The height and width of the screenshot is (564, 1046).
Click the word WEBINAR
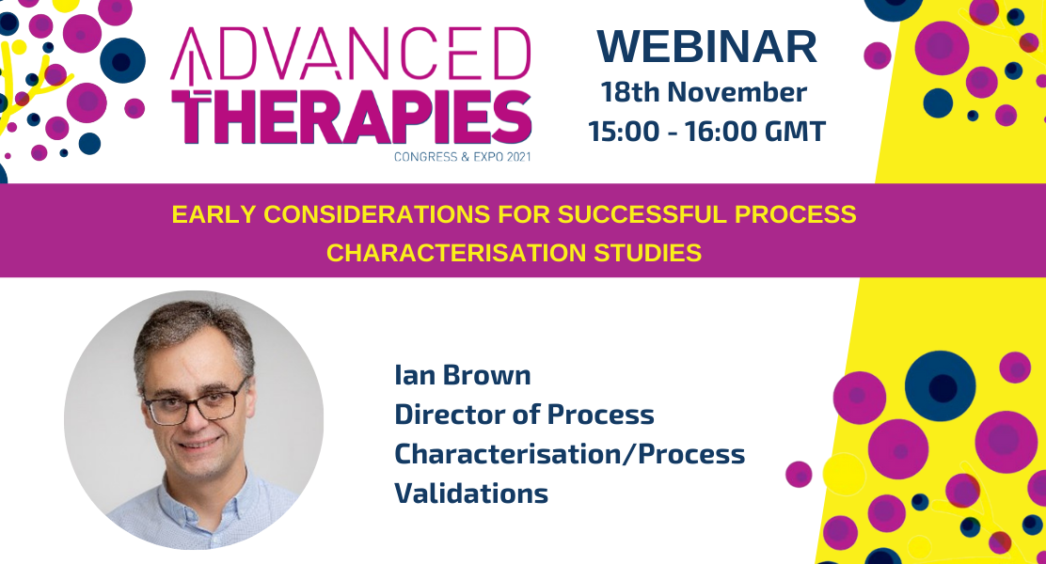pos(707,47)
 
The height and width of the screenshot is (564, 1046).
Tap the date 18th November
pos(704,92)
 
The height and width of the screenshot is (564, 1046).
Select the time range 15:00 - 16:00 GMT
pos(707,132)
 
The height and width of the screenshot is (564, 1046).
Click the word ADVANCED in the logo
pos(351,55)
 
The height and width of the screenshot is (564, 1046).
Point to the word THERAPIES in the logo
pos(352,117)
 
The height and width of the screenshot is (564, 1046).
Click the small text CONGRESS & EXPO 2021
pos(462,157)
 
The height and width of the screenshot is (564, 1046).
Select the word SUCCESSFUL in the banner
pos(642,214)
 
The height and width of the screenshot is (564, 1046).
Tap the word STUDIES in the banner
pos(648,254)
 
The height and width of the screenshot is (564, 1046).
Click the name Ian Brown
pos(462,375)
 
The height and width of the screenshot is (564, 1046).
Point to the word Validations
pos(471,494)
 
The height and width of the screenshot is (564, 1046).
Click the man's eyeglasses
pos(196,401)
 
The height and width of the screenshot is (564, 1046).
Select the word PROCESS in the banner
pos(796,214)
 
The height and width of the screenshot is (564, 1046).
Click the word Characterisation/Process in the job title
pos(570,455)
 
